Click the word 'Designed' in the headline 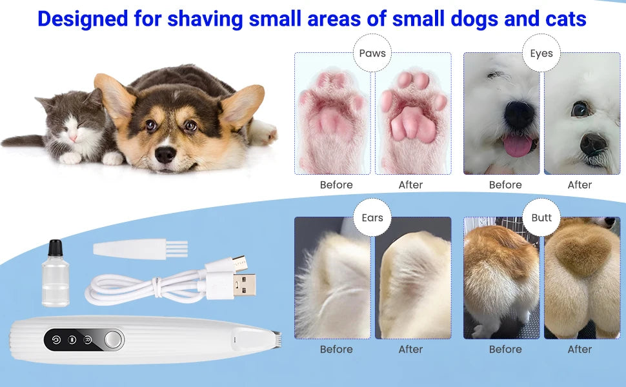pyautogui.click(x=83, y=18)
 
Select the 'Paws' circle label pyautogui.click(x=372, y=54)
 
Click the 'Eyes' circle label pyautogui.click(x=541, y=54)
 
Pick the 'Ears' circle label pyautogui.click(x=372, y=218)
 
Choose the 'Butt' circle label pyautogui.click(x=541, y=218)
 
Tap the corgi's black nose pyautogui.click(x=166, y=154)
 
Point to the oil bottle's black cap pyautogui.click(x=56, y=248)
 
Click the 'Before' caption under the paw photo pyautogui.click(x=336, y=185)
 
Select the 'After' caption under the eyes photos pyautogui.click(x=580, y=185)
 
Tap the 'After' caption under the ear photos pyautogui.click(x=410, y=350)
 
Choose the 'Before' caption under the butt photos pyautogui.click(x=505, y=350)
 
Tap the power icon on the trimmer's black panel pyautogui.click(x=56, y=340)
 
